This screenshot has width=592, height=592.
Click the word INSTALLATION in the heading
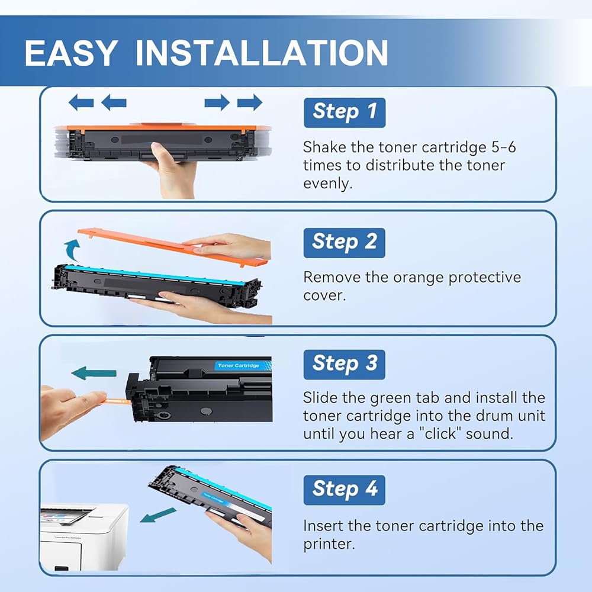pyautogui.click(x=262, y=53)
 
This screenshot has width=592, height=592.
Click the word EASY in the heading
pyautogui.click(x=71, y=53)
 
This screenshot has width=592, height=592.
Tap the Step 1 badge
pyautogui.click(x=345, y=112)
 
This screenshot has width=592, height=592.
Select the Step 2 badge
pyautogui.click(x=345, y=243)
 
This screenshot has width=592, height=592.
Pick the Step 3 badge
pyautogui.click(x=345, y=364)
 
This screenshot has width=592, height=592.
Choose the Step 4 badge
pyautogui.click(x=345, y=490)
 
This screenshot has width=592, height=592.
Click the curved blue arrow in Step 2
pyautogui.click(x=72, y=250)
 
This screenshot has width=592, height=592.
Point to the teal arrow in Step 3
pyautogui.click(x=94, y=374)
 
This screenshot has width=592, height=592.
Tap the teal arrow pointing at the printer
pyautogui.click(x=158, y=515)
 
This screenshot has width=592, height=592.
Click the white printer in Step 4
pyautogui.click(x=84, y=536)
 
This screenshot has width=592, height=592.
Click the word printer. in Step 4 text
pyautogui.click(x=329, y=545)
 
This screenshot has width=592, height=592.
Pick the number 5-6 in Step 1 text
pyautogui.click(x=503, y=147)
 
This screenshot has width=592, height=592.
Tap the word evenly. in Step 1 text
pyautogui.click(x=328, y=184)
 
